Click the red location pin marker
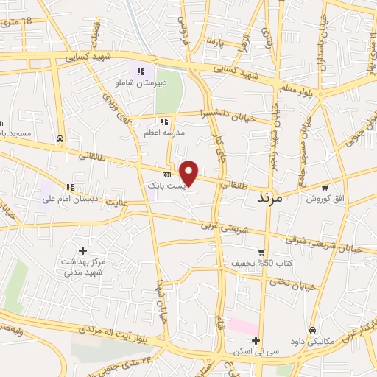click(x=189, y=172)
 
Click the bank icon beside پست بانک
click(x=166, y=175)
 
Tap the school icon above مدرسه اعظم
click(x=165, y=121)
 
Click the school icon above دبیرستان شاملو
click(x=140, y=71)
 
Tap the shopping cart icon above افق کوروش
click(x=325, y=188)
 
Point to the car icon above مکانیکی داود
click(x=314, y=330)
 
